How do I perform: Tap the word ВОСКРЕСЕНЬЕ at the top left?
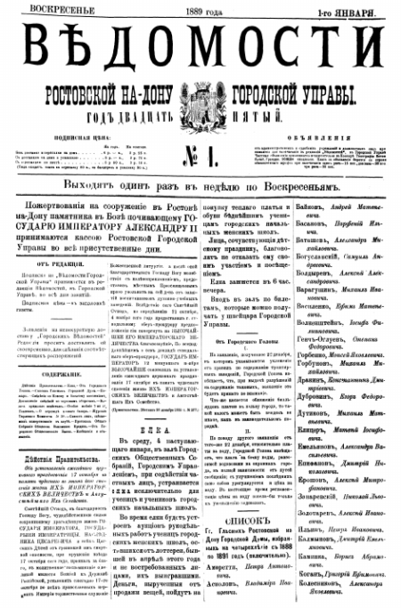[45, 9]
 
